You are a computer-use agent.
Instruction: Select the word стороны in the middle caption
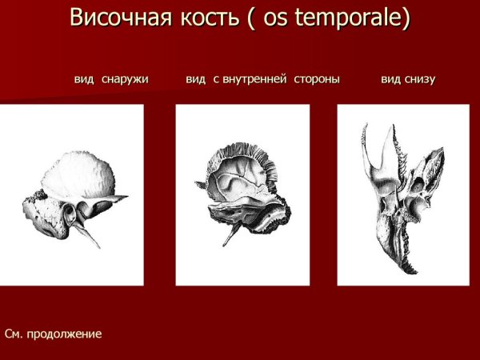(x=315, y=79)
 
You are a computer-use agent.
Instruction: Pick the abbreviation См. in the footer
(x=14, y=333)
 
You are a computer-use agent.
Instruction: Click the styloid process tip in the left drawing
(x=99, y=246)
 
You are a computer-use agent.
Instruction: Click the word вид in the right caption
(x=390, y=79)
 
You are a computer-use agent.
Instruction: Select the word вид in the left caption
(x=84, y=79)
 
